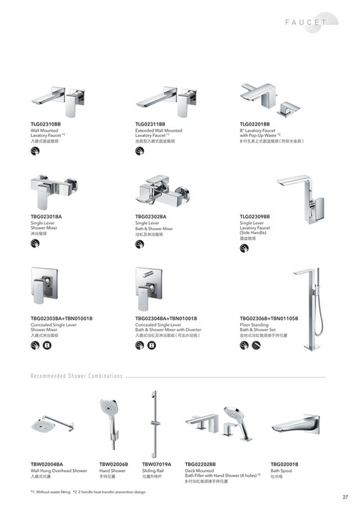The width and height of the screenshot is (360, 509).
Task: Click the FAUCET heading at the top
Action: point(307,22)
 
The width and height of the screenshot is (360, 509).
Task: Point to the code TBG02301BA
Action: point(46,216)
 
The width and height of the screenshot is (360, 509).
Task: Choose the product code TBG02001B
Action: point(284,464)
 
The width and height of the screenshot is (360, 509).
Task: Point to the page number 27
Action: point(344,497)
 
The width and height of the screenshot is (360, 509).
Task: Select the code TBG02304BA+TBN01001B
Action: point(166,318)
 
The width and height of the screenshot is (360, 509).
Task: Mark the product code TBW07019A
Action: point(157,464)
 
